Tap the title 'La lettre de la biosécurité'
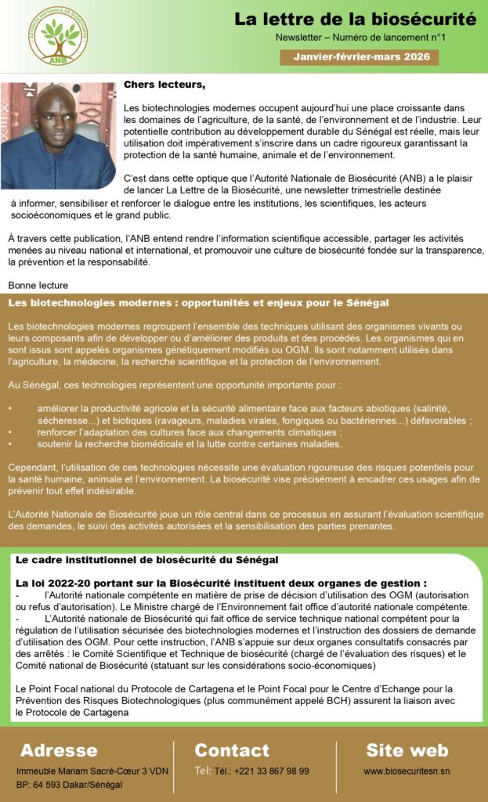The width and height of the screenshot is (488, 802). pos(355,19)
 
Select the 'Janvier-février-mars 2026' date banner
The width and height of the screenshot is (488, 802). pos(360,57)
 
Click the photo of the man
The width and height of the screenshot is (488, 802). pos(58,135)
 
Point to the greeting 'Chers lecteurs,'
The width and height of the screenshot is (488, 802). pos(164,84)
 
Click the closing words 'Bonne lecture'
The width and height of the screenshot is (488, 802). pos(38,285)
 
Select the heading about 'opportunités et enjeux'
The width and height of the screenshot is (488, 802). pos(198,302)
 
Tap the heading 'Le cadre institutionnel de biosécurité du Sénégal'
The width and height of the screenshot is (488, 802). pos(146,561)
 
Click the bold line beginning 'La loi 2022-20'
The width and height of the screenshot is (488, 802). pos(221,583)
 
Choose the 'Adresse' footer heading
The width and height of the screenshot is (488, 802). pos(59,750)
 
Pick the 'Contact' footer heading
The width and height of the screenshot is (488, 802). pos(231,750)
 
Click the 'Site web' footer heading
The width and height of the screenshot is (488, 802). pos(407,750)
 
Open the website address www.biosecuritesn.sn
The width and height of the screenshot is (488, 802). pos(407,771)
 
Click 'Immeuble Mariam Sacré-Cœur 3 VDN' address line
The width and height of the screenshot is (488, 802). pos(92,771)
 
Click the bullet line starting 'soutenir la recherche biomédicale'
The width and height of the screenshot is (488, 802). pos(190,444)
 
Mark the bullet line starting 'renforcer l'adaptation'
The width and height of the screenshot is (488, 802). pos(190,432)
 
